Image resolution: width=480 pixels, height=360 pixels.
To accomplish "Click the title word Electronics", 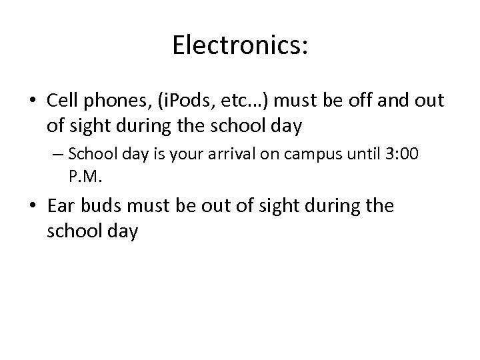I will tap(240, 46).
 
